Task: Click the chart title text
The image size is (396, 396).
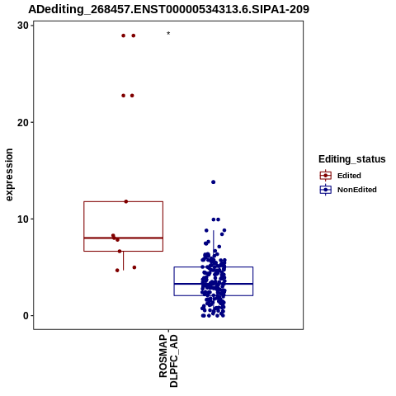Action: point(168,9)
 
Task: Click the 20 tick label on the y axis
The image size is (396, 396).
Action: point(23,122)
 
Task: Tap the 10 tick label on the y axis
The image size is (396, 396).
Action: point(23,219)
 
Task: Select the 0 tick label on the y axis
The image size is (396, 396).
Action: point(26,316)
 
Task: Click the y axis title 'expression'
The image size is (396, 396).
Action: point(9,175)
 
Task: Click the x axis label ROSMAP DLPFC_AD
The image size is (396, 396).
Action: point(168,361)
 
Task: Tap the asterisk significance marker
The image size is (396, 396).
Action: point(168,34)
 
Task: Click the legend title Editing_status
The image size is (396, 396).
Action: point(352,159)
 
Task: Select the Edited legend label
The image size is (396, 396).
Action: point(349,176)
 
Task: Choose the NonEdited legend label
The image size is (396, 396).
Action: point(357,190)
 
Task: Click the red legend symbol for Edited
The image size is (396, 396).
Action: point(326,175)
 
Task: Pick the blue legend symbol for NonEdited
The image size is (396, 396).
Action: point(326,190)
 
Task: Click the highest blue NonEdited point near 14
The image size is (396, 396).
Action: point(213,182)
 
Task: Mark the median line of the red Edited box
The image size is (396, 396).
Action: point(123,238)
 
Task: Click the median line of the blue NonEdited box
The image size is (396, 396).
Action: point(214,284)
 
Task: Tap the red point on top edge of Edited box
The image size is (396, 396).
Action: point(126,201)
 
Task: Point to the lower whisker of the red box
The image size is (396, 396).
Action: point(123,261)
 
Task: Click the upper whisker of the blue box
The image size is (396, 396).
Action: point(214,248)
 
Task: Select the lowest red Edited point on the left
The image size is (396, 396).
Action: point(117,271)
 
